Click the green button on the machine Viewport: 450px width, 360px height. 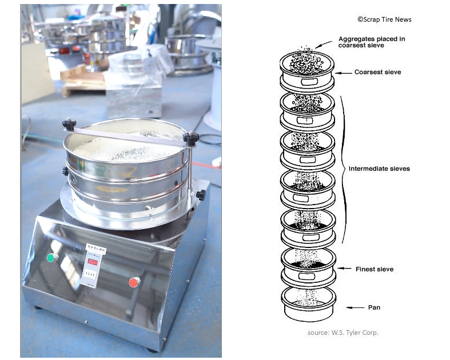click(x=51, y=258)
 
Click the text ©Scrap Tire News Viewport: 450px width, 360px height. click(x=384, y=19)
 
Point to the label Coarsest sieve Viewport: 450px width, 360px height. click(x=377, y=73)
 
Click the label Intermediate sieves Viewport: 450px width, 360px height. click(x=379, y=169)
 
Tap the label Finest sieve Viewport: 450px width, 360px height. click(x=374, y=269)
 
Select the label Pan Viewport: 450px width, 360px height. click(x=374, y=307)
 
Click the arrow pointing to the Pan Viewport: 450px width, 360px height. click(x=355, y=307)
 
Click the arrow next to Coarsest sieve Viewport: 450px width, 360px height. click(x=343, y=73)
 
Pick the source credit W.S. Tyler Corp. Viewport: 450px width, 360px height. click(x=343, y=333)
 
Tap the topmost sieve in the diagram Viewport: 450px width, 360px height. click(x=308, y=72)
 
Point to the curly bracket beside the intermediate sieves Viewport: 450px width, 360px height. click(x=345, y=169)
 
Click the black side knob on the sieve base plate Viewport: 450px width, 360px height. click(x=201, y=195)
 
